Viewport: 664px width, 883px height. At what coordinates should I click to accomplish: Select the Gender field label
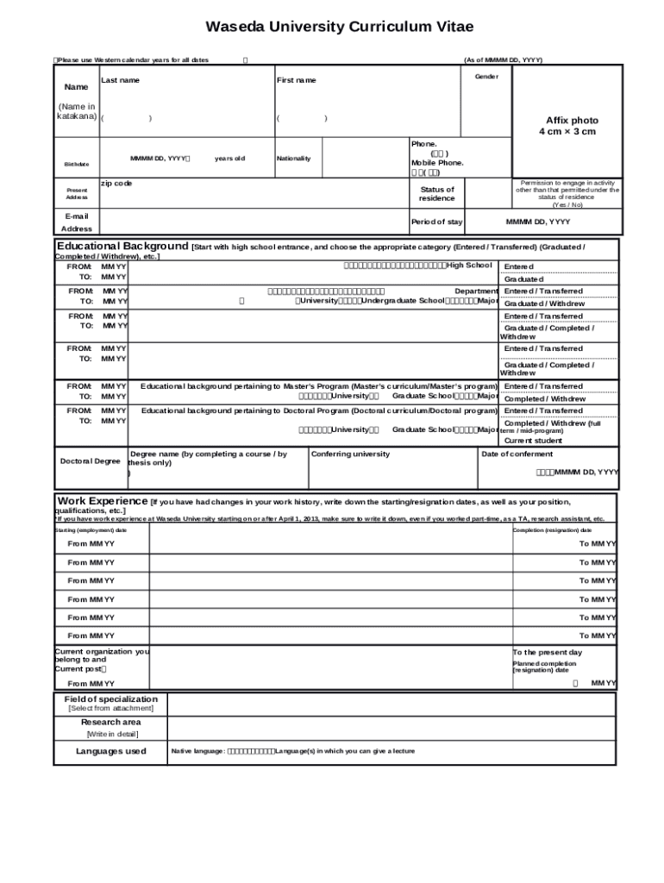pyautogui.click(x=486, y=76)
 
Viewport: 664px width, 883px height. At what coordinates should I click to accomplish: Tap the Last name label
pyautogui.click(x=120, y=80)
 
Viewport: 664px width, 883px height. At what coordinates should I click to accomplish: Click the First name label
pyautogui.click(x=296, y=80)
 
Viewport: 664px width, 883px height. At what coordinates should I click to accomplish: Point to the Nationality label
pyautogui.click(x=293, y=159)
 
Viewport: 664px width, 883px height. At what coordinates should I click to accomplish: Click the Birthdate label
pyautogui.click(x=76, y=164)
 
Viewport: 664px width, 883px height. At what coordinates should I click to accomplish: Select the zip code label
pyautogui.click(x=116, y=183)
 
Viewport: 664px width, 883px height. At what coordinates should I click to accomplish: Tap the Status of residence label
pyautogui.click(x=437, y=193)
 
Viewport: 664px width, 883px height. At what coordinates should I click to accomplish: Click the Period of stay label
pyautogui.click(x=436, y=222)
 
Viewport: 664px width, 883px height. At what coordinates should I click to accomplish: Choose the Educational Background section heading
pyautogui.click(x=122, y=246)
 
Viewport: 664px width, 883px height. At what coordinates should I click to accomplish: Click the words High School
pyautogui.click(x=469, y=265)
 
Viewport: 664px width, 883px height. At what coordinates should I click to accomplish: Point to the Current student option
pyautogui.click(x=533, y=440)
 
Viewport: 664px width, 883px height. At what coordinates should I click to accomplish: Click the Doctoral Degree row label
pyautogui.click(x=90, y=460)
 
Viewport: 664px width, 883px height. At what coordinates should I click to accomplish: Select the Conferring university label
pyautogui.click(x=350, y=454)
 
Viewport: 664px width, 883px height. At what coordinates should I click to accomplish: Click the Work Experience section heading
pyautogui.click(x=103, y=501)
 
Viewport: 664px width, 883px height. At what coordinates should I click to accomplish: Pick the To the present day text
pyautogui.click(x=548, y=652)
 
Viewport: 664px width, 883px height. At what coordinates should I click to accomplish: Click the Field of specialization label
pyautogui.click(x=111, y=698)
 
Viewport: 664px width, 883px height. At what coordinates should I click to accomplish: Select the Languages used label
pyautogui.click(x=111, y=751)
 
